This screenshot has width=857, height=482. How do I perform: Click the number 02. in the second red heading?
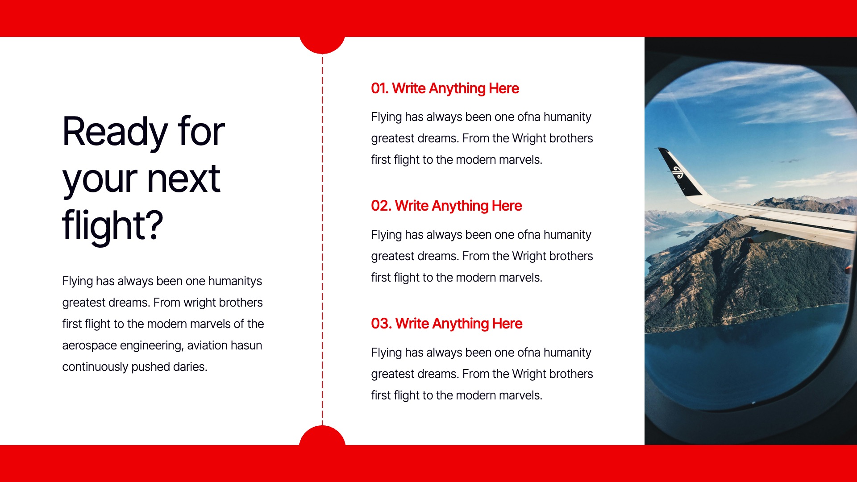tap(381, 206)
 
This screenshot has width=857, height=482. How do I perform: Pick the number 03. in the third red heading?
tap(381, 324)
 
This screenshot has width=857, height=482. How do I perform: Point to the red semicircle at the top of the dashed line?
tap(322, 44)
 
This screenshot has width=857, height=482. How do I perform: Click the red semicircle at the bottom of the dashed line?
tap(322, 436)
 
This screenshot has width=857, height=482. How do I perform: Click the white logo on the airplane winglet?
tap(678, 172)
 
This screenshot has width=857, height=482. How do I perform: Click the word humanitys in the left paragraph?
tap(235, 281)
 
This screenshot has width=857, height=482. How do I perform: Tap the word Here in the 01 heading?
tap(503, 88)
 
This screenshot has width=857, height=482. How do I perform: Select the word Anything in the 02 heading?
tap(460, 206)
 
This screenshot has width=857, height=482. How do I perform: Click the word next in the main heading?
tap(183, 179)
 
